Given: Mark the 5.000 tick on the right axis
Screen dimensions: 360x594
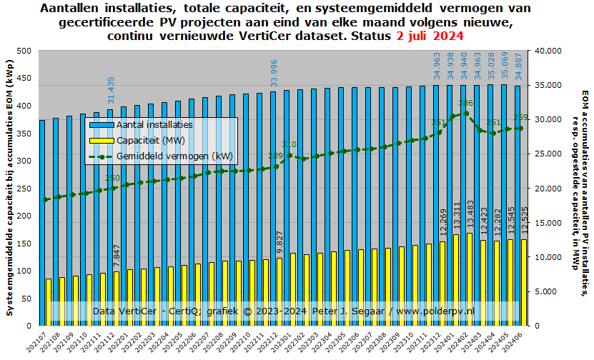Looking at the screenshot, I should point(545,291).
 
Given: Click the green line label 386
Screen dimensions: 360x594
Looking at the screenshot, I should point(465,104).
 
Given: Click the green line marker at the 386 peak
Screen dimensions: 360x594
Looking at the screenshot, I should point(466,113).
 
